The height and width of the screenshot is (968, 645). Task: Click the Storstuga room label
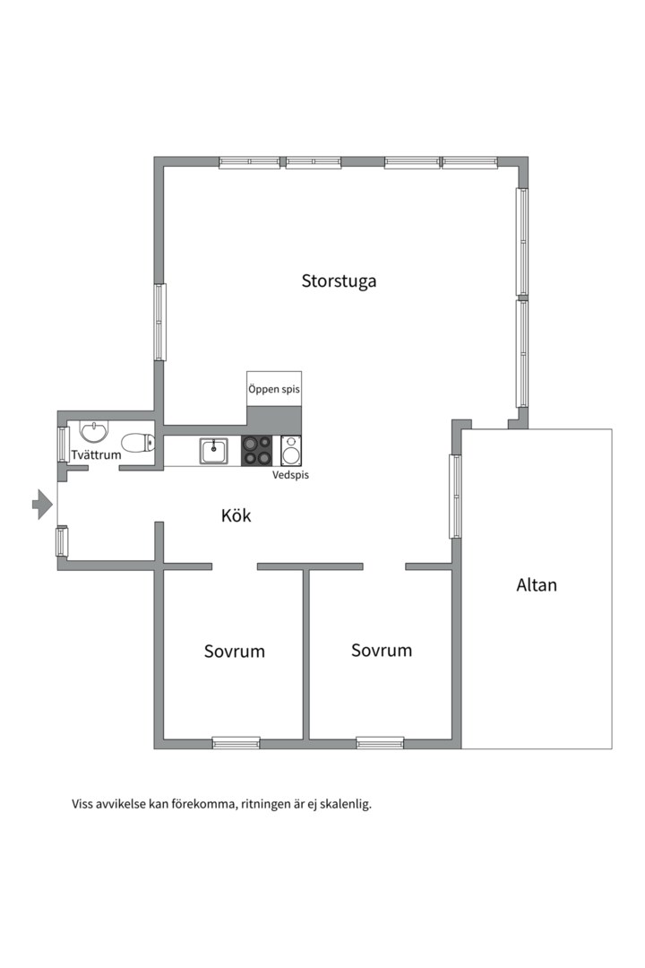(x=339, y=281)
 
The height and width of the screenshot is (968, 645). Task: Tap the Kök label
(x=236, y=515)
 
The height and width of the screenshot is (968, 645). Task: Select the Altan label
(x=537, y=584)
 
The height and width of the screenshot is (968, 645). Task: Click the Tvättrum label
(x=96, y=455)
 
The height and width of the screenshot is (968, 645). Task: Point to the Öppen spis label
(x=274, y=390)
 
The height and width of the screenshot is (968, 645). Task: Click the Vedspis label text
(x=291, y=475)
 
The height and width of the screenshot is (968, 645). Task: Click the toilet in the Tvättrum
(x=138, y=443)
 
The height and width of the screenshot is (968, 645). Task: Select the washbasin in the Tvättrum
(x=94, y=431)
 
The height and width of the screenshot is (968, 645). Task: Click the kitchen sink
(x=213, y=451)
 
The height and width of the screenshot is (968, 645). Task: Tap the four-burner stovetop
(x=256, y=451)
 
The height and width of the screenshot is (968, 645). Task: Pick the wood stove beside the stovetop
(x=291, y=451)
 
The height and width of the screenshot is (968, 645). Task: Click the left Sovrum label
(x=235, y=652)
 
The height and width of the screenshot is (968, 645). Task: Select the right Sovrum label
(x=382, y=650)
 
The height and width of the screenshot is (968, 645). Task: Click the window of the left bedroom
(x=236, y=743)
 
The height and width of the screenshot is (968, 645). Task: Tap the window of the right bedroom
(x=380, y=743)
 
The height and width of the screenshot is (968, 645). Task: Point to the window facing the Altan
(x=455, y=497)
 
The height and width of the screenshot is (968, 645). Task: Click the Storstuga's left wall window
(x=159, y=323)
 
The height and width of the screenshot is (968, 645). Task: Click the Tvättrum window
(x=63, y=444)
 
